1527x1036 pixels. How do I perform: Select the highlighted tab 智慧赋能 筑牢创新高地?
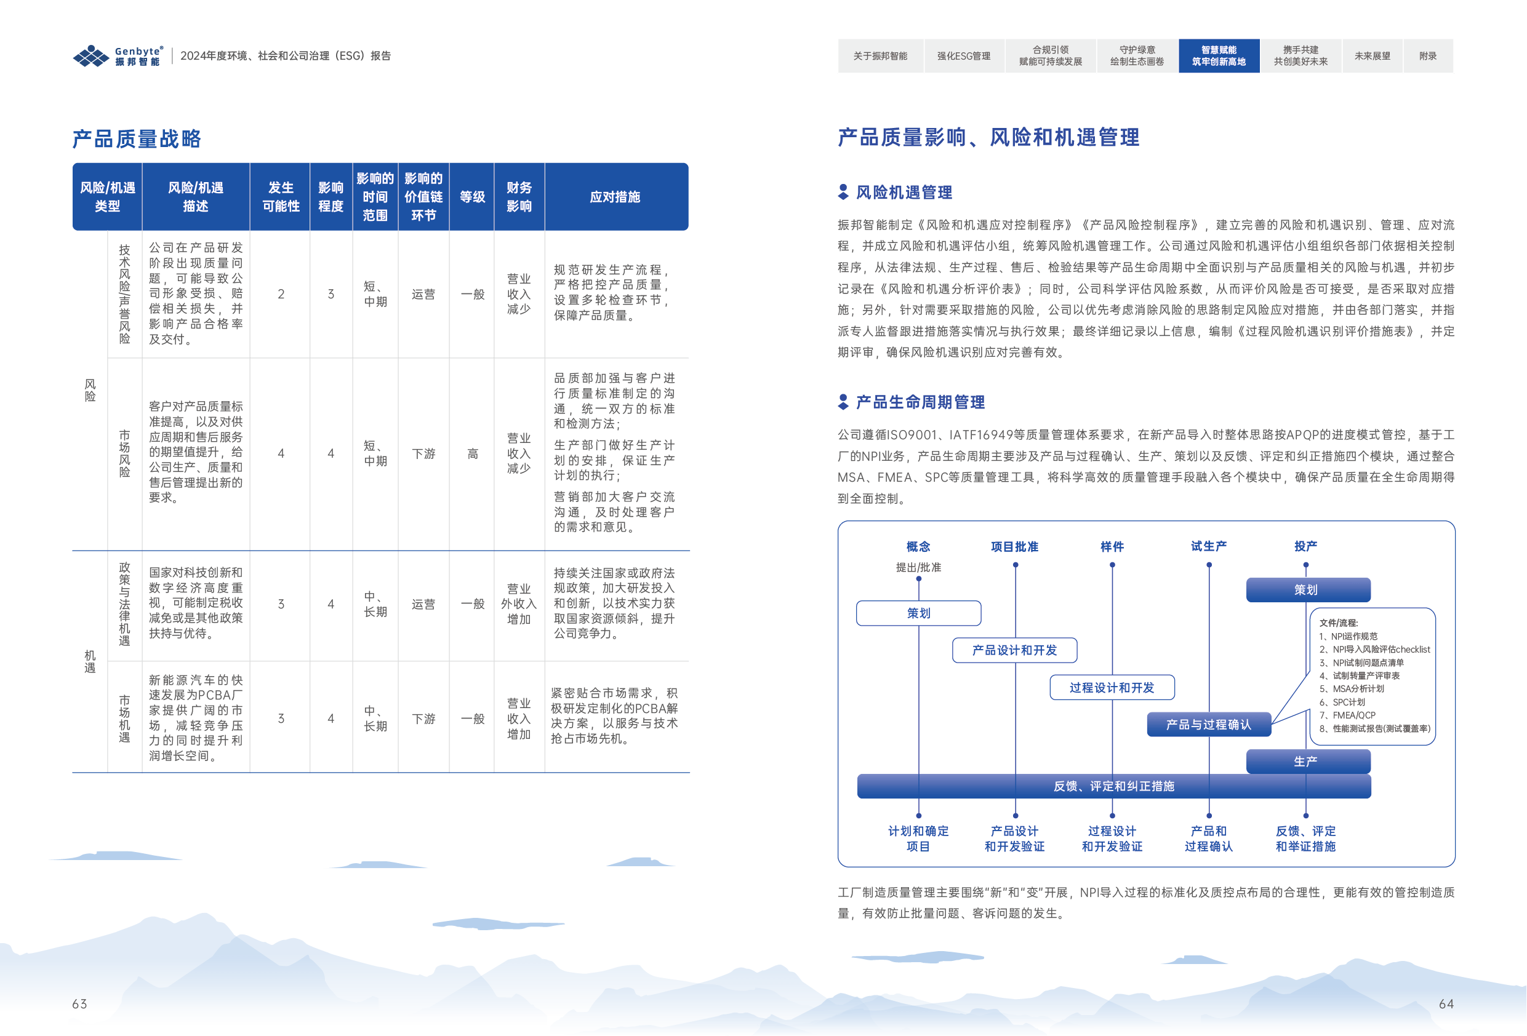pyautogui.click(x=1218, y=56)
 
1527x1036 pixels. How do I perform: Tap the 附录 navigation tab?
pyautogui.click(x=1427, y=56)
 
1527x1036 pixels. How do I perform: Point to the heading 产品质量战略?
pyautogui.click(x=137, y=138)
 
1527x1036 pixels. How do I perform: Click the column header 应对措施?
pyautogui.click(x=614, y=197)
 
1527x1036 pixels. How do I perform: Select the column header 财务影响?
pyautogui.click(x=518, y=197)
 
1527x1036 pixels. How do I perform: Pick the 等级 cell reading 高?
pyautogui.click(x=472, y=454)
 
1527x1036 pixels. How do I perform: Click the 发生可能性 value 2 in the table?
pyautogui.click(x=281, y=294)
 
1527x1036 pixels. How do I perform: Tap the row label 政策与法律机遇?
pyautogui.click(x=124, y=604)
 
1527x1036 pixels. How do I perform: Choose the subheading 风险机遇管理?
pyautogui.click(x=904, y=193)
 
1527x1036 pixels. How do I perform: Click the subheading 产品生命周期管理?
pyautogui.click(x=920, y=402)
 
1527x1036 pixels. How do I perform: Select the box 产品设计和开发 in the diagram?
pyautogui.click(x=1014, y=650)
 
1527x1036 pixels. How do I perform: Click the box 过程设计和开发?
pyautogui.click(x=1111, y=688)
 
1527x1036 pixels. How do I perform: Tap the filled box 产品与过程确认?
pyautogui.click(x=1208, y=725)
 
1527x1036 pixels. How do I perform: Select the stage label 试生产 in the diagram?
pyautogui.click(x=1208, y=546)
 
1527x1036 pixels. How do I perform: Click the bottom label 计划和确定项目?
pyautogui.click(x=918, y=839)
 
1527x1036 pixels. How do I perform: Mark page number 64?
pyautogui.click(x=1446, y=1004)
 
